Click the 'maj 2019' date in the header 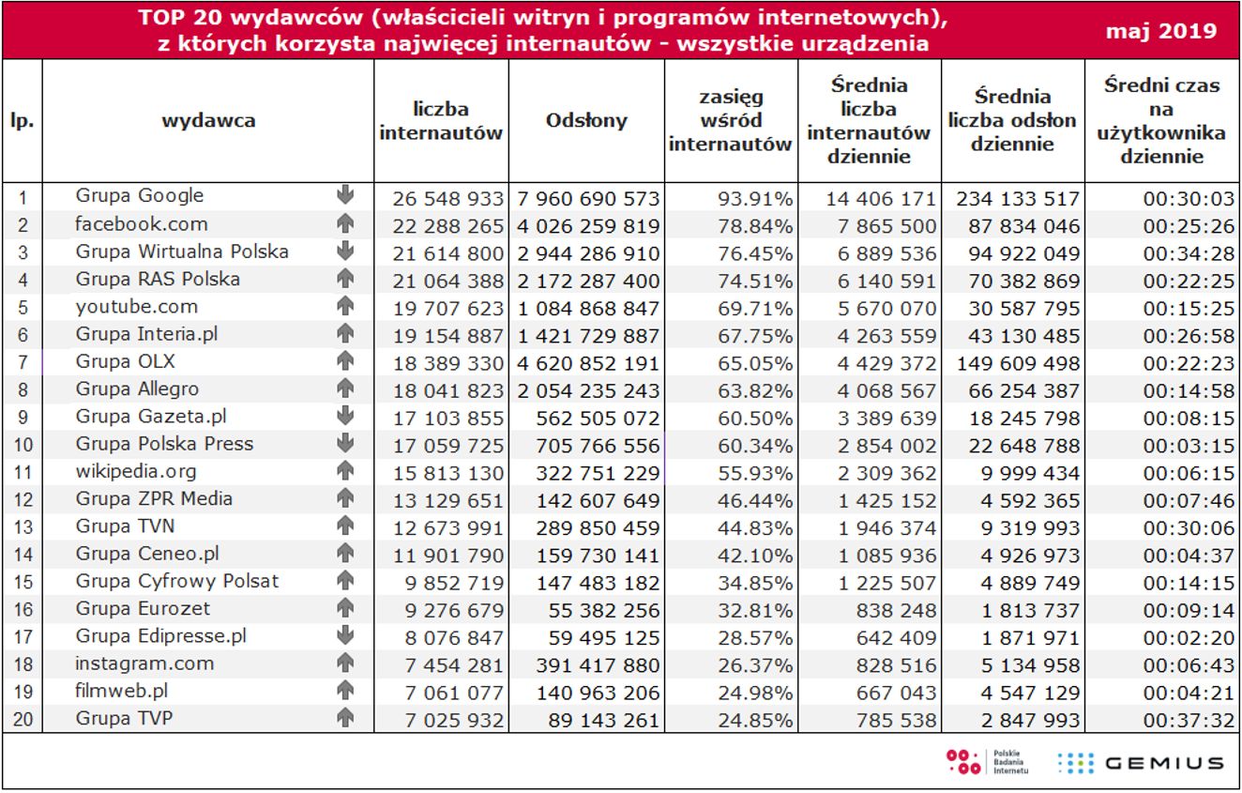[1161, 31]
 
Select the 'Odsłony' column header [586, 121]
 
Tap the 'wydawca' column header [208, 120]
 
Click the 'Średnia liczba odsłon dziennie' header [1012, 121]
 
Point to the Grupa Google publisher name [140, 196]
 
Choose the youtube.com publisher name [137, 307]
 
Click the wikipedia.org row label [136, 471]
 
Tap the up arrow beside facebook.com [345, 224]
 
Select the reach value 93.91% [755, 198]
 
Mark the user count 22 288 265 [442, 225]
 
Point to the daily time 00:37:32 [1182, 720]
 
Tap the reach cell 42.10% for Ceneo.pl [755, 555]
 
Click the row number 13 [23, 527]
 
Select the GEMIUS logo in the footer [1140, 763]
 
